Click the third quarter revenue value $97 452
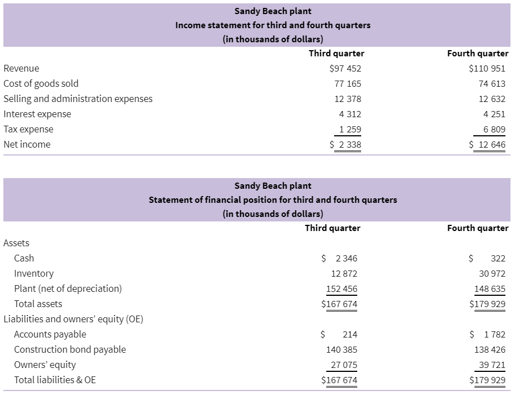[x=345, y=68]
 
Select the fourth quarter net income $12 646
[x=487, y=144]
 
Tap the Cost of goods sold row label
[x=41, y=84]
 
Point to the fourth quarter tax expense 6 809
[x=494, y=130]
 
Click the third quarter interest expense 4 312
[x=350, y=114]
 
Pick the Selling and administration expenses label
[x=78, y=99]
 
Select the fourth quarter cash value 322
[x=498, y=259]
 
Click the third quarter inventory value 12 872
[x=344, y=273]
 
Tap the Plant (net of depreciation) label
[x=68, y=289]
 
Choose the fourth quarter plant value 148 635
[x=490, y=289]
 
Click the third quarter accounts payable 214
[x=350, y=335]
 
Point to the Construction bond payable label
[x=70, y=350]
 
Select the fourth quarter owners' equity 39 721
[x=492, y=365]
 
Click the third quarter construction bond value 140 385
[x=341, y=350]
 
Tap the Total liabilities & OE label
[x=55, y=380]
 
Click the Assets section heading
[x=16, y=243]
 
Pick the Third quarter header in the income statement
[x=336, y=53]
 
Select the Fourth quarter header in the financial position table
[x=478, y=228]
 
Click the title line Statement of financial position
[x=273, y=199]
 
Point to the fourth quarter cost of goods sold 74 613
[x=492, y=84]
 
